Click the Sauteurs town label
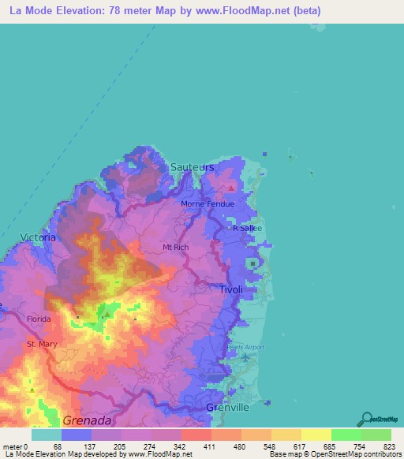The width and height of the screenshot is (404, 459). click(192, 167)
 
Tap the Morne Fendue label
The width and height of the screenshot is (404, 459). click(208, 203)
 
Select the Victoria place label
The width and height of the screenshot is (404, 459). click(38, 237)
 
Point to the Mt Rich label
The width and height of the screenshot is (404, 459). click(175, 247)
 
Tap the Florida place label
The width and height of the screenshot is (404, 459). click(39, 319)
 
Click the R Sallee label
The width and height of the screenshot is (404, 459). click(247, 228)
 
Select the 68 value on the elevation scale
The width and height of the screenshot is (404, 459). click(58, 446)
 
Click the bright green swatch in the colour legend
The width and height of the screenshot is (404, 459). click(346, 435)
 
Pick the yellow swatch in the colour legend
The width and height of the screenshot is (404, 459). click(316, 435)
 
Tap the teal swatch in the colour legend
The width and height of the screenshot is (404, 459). click(47, 435)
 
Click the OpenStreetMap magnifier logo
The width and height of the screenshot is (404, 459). click(365, 419)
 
